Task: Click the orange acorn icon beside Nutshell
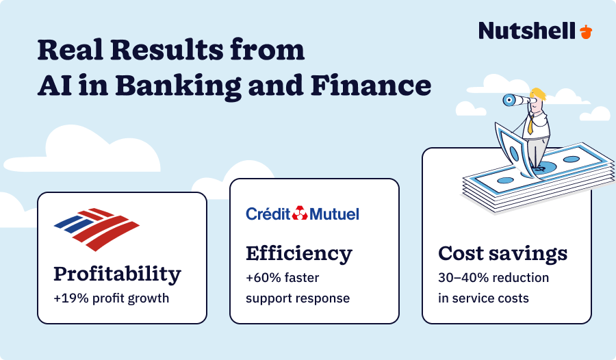pyautogui.click(x=586, y=31)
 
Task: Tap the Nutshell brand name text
pyautogui.click(x=527, y=31)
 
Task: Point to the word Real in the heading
pyautogui.click(x=66, y=51)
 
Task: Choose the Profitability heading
pyautogui.click(x=117, y=274)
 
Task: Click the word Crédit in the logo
pyautogui.click(x=268, y=214)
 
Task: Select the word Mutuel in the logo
pyautogui.click(x=335, y=214)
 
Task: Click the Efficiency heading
pyautogui.click(x=298, y=253)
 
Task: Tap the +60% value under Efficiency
pyautogui.click(x=262, y=278)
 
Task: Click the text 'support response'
pyautogui.click(x=298, y=298)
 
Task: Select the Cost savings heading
pyautogui.click(x=502, y=253)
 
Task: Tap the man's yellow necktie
pyautogui.click(x=530, y=124)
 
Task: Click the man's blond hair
pyautogui.click(x=539, y=93)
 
